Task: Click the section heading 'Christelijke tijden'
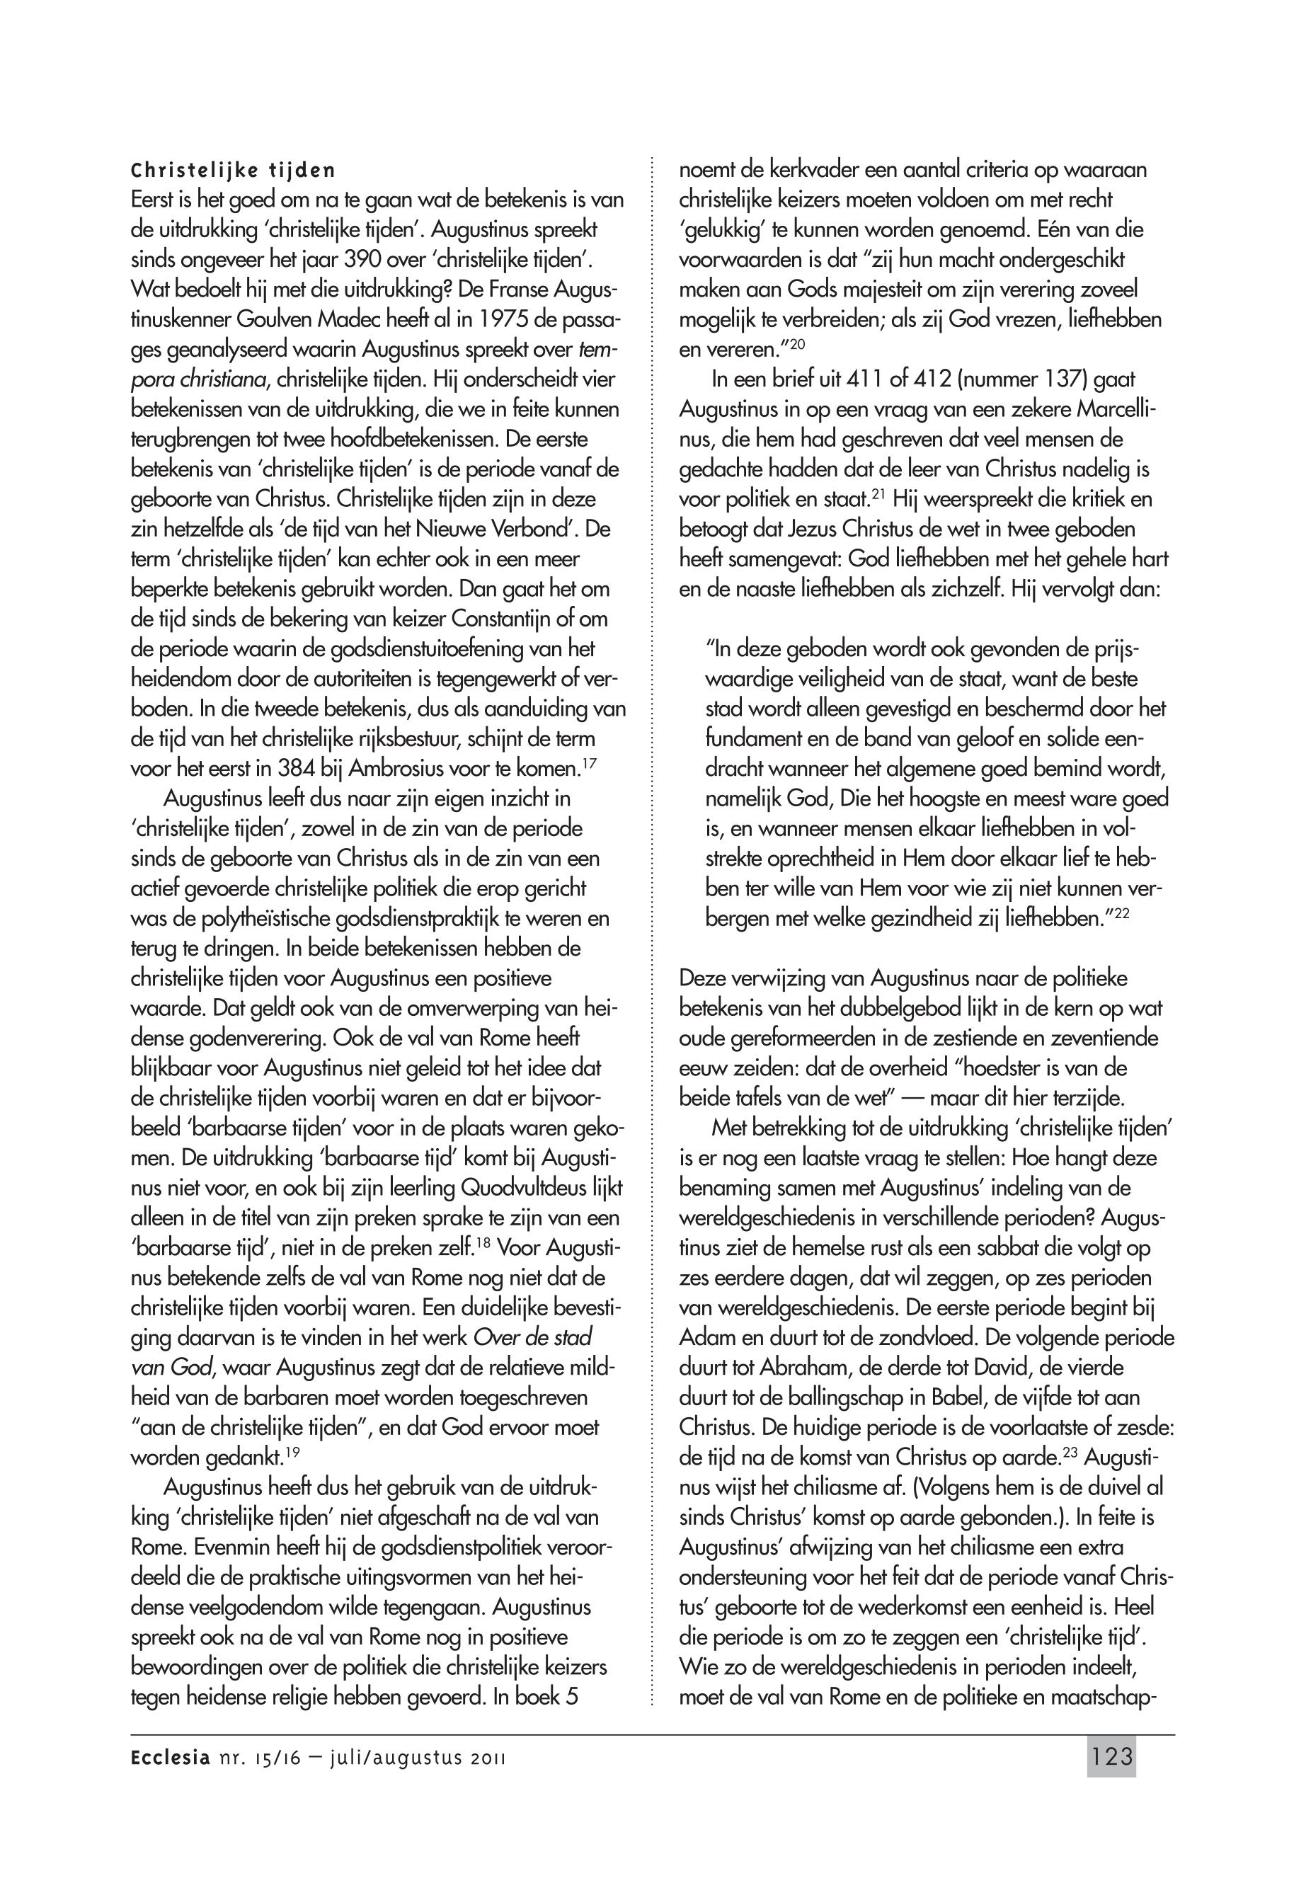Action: (233, 172)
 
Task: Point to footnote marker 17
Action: (586, 764)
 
